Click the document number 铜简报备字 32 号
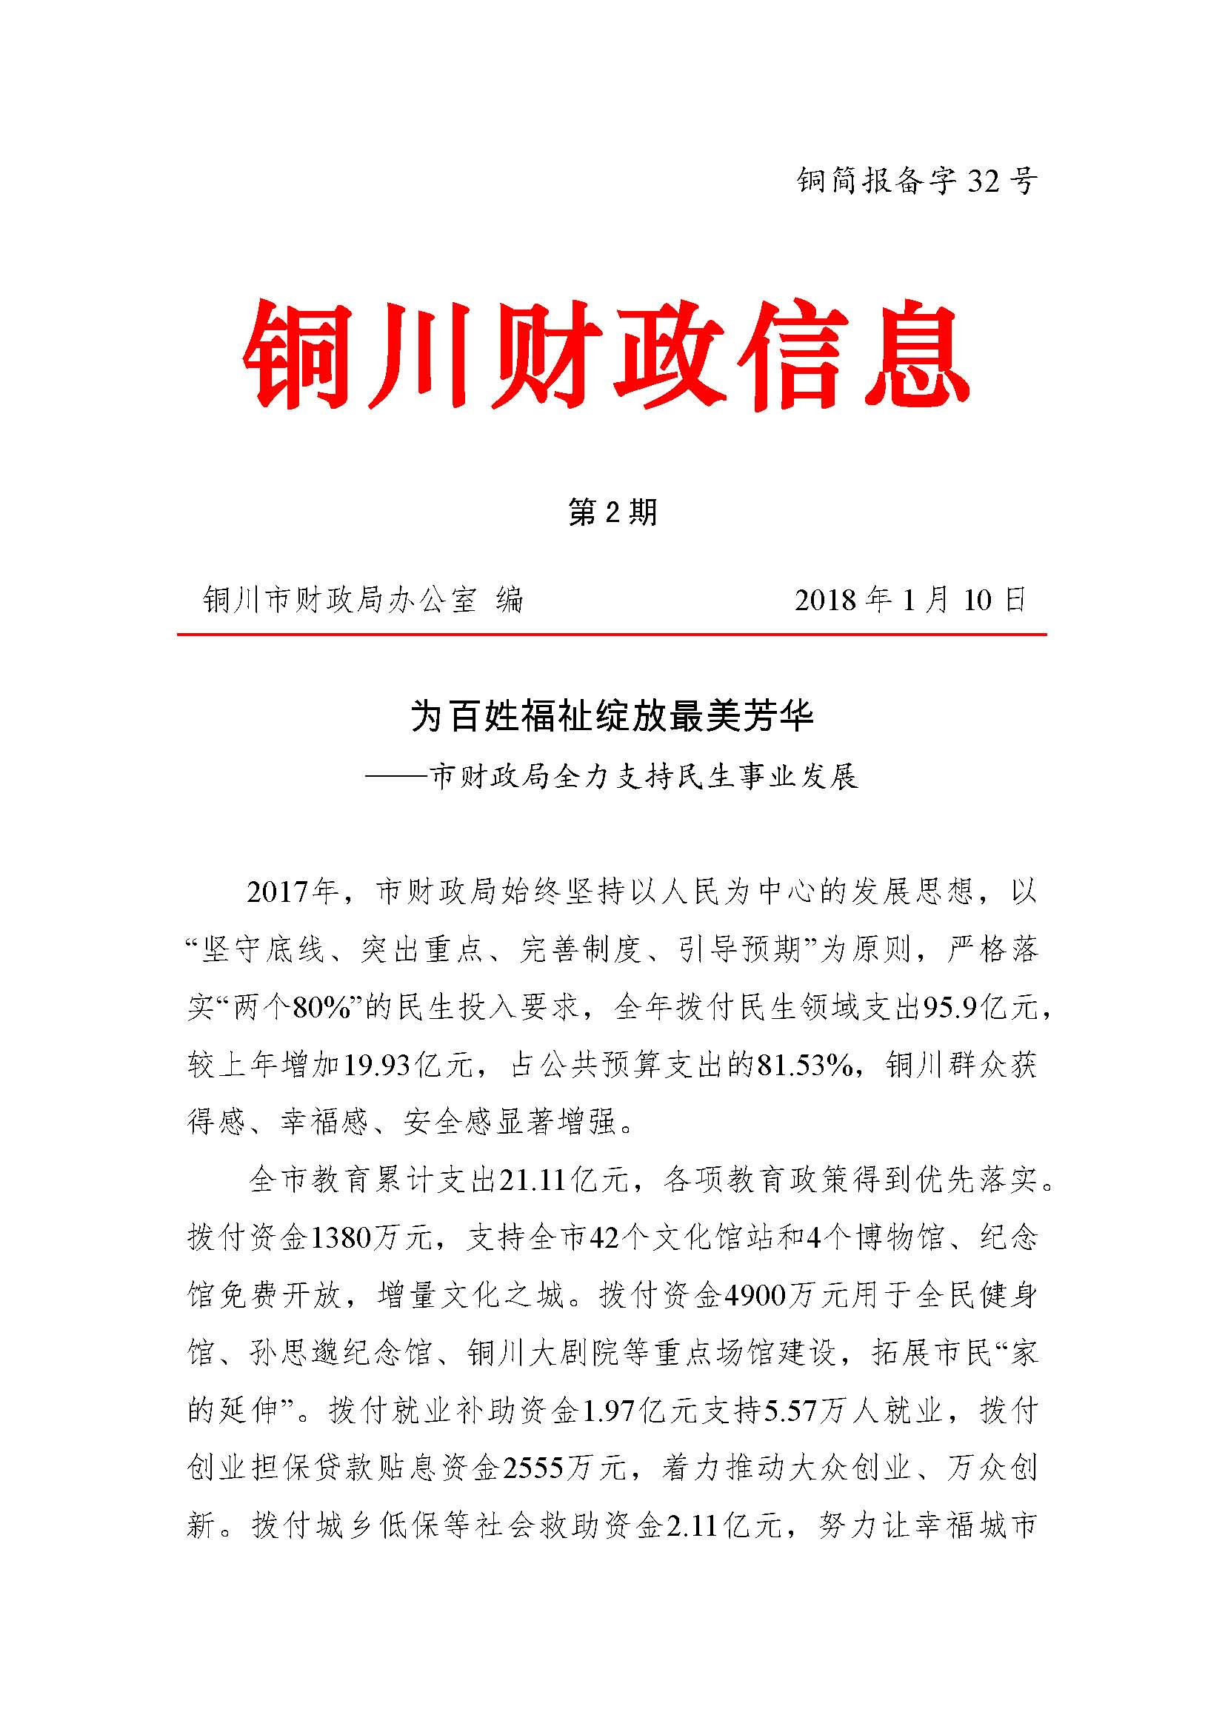coord(916,181)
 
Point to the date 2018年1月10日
coord(910,600)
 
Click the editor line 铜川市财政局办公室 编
coord(363,601)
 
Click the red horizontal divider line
coord(612,635)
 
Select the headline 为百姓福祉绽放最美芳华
coord(612,715)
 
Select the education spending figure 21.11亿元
coord(563,1180)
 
